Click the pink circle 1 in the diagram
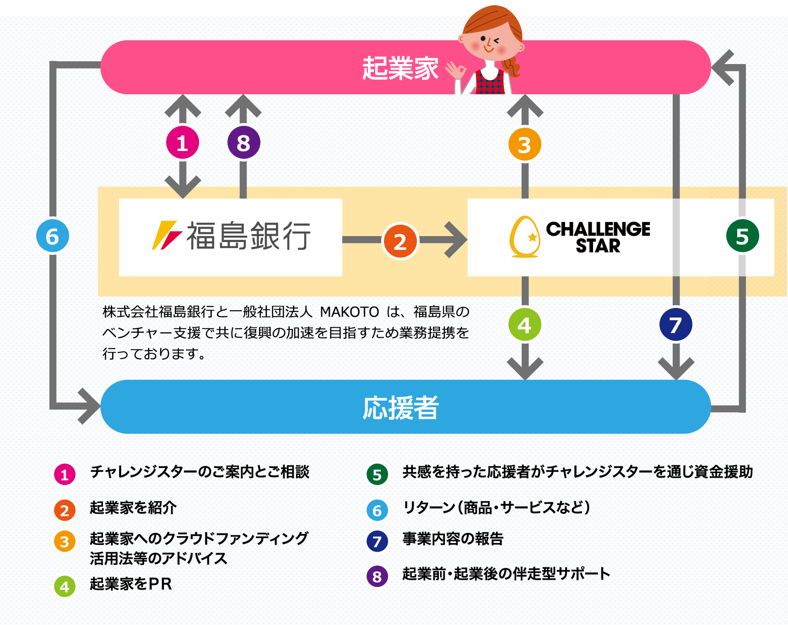(183, 143)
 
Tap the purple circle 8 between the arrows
(243, 143)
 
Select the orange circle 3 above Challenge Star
(525, 145)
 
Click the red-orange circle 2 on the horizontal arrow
(400, 241)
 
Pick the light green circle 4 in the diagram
(525, 325)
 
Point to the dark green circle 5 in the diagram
(743, 236)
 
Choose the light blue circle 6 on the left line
(53, 236)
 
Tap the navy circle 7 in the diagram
(676, 325)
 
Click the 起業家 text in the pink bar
(400, 69)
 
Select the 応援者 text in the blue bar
(401, 408)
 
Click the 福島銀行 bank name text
(248, 236)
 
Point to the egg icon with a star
(525, 237)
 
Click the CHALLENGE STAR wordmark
(598, 237)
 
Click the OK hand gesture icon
(456, 70)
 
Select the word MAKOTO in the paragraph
(350, 312)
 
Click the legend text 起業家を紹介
(133, 507)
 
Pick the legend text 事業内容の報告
(453, 539)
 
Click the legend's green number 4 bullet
(65, 586)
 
